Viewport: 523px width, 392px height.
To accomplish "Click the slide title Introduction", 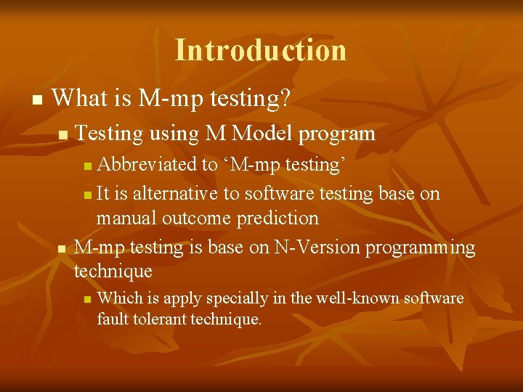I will pos(261,50).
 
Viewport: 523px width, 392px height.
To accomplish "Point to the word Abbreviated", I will pos(147,165).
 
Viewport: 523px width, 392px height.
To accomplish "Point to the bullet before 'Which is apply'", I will pos(87,299).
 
